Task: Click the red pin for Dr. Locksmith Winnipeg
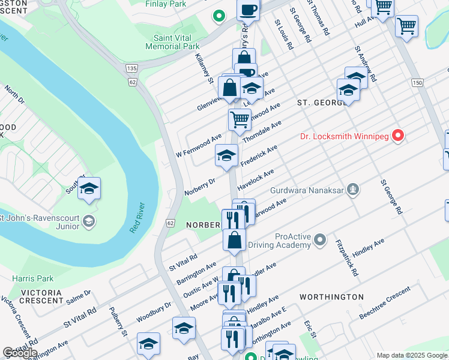click(x=397, y=136)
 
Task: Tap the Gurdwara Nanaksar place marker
click(x=355, y=190)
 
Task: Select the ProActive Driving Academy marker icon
click(x=319, y=241)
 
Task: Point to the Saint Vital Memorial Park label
click(x=172, y=41)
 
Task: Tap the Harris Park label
click(x=33, y=278)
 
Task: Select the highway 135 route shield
click(x=133, y=68)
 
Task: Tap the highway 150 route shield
click(x=417, y=82)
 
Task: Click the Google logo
click(x=20, y=353)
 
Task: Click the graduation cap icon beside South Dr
click(x=88, y=189)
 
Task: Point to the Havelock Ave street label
click(x=255, y=179)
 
